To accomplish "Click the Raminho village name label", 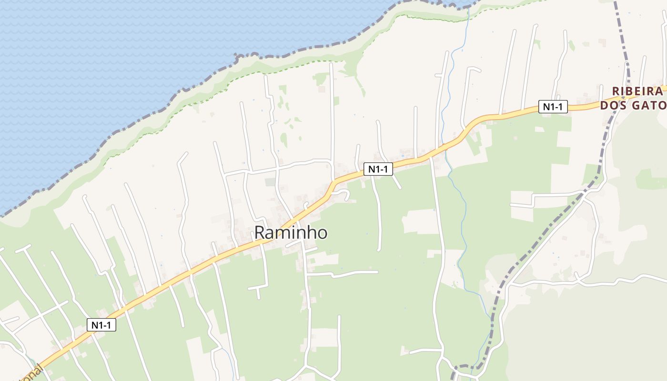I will tap(291, 233).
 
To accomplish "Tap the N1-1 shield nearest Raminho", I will tap(378, 169).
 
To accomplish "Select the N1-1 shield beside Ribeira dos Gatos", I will tap(553, 107).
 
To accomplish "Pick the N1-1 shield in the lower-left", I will tap(101, 325).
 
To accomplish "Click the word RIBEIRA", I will tap(637, 91).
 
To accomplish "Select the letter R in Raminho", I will tap(260, 233).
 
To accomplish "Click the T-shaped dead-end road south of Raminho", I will tap(258, 288).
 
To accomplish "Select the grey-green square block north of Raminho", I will tap(271, 182).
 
